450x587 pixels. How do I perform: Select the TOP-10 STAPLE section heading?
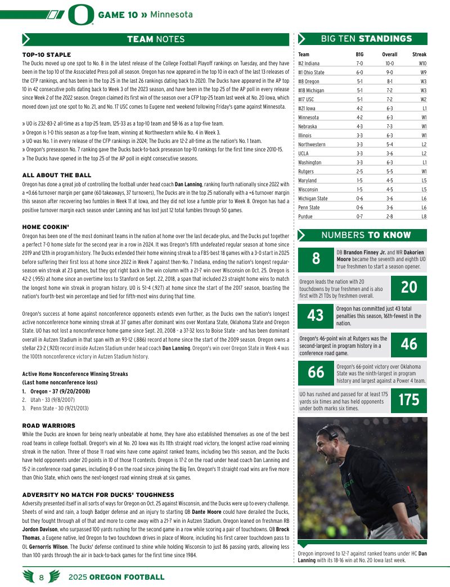point(46,55)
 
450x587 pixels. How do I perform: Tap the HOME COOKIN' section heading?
point(45,227)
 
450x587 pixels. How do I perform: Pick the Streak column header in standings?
point(419,55)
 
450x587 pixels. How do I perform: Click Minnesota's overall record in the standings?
point(389,117)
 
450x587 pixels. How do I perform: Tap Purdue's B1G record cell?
point(359,216)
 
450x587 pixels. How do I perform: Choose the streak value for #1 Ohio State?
point(422,73)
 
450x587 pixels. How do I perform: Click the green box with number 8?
point(316,258)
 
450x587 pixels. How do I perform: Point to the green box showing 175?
point(409,400)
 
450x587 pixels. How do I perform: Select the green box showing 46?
point(409,344)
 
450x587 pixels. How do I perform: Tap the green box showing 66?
point(316,372)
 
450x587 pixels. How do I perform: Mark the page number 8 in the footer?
point(42,577)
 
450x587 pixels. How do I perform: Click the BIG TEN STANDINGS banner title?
point(366,39)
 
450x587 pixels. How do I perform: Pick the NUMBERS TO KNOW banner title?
point(366,235)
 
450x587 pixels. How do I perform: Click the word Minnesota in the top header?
point(171,15)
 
